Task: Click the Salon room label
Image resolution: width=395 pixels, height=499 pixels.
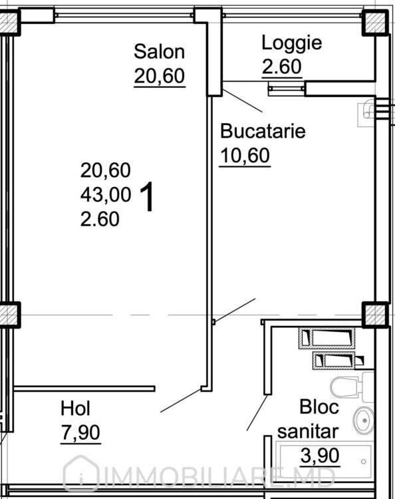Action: tap(159, 51)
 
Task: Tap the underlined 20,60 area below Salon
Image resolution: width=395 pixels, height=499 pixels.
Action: tap(160, 77)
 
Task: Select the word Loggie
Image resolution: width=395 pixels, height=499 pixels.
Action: tap(292, 43)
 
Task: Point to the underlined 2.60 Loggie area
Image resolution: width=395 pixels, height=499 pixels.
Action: tap(281, 67)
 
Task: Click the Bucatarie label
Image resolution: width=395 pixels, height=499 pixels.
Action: tap(263, 131)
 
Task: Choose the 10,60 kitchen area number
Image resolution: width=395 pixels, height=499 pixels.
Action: tap(245, 156)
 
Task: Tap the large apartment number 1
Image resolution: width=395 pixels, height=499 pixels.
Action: tap(147, 196)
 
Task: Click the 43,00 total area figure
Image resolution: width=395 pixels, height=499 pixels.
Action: tap(106, 194)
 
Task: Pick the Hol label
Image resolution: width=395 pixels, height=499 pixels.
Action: tap(75, 409)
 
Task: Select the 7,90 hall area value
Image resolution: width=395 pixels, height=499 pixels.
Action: tap(80, 433)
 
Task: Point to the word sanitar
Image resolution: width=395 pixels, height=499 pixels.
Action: tap(308, 432)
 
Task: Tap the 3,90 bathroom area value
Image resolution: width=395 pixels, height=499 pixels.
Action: tap(320, 456)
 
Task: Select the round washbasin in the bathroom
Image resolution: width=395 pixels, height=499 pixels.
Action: tap(364, 420)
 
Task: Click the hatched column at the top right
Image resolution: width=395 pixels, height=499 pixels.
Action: tap(375, 23)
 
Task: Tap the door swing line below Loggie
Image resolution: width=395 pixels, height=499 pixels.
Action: tap(243, 100)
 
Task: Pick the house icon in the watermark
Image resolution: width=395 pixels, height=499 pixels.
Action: tap(80, 474)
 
